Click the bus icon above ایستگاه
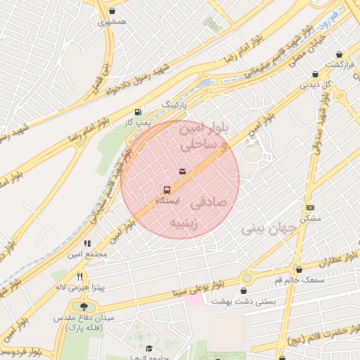[x=167, y=190]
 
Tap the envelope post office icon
[x=183, y=171]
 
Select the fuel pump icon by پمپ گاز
[x=137, y=112]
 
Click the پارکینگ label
[x=176, y=104]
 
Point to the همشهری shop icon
[x=113, y=12]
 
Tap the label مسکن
[x=310, y=219]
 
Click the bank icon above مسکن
[x=310, y=207]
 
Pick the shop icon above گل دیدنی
[x=314, y=74]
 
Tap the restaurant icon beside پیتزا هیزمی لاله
[x=80, y=276]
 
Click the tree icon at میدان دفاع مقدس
[x=86, y=307]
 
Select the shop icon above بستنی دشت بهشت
[x=244, y=290]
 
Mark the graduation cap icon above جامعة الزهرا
[x=148, y=348]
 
